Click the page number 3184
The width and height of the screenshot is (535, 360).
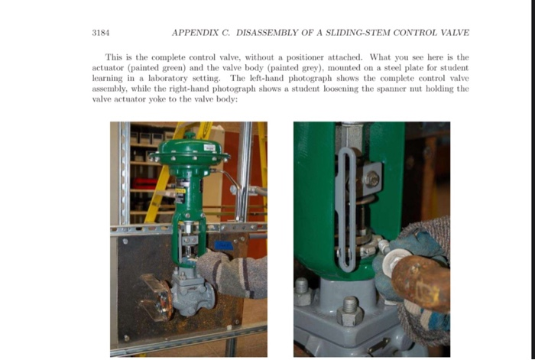(x=101, y=33)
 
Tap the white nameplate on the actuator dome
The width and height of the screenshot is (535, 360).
(x=209, y=148)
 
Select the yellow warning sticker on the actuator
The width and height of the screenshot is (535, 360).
(x=180, y=191)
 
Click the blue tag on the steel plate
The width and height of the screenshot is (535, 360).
(x=224, y=245)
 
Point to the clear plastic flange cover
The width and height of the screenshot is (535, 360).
(x=156, y=297)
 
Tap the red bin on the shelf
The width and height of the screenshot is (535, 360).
(x=144, y=183)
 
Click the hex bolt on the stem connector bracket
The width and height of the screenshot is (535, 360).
(x=371, y=179)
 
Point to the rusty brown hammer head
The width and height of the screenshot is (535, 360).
(x=421, y=283)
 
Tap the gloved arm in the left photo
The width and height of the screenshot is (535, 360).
(x=232, y=274)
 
